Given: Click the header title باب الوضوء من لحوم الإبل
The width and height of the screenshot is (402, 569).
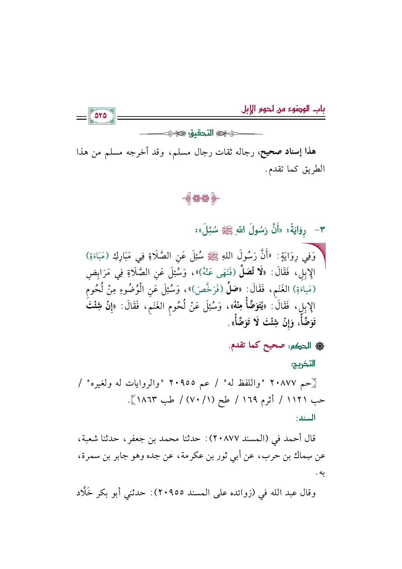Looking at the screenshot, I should tap(283, 109).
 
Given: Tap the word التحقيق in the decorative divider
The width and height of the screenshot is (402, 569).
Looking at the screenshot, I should tap(201, 133).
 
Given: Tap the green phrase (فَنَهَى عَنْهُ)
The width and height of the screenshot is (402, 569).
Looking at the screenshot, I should tap(222, 273).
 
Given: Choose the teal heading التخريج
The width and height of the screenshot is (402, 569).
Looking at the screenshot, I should tap(303, 364).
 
